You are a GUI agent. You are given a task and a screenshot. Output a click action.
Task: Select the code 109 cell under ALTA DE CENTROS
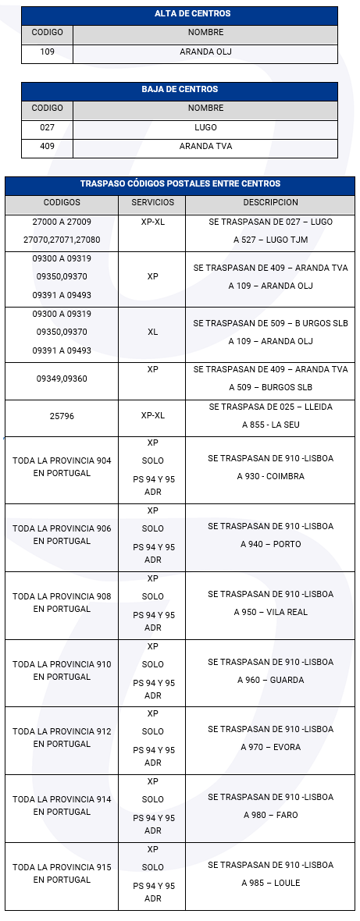coord(47,52)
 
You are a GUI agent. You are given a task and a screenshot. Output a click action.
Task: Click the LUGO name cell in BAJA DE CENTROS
coord(205,127)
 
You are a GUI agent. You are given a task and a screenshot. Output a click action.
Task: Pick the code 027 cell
coord(47,127)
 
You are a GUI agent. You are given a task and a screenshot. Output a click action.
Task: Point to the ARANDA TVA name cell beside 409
coord(205,146)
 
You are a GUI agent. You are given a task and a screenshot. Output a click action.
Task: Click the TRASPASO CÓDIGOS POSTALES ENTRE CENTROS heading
coord(180,184)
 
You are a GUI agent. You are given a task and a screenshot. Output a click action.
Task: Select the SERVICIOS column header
coord(152,202)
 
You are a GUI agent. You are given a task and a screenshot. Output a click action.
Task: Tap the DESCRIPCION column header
coord(270,202)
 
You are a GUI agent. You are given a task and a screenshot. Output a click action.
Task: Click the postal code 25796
coord(61,416)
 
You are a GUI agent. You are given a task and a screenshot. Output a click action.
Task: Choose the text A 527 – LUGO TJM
coord(270,240)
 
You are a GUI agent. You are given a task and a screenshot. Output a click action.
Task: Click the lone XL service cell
coord(152,332)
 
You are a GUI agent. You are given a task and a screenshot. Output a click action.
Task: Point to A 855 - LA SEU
coord(270,425)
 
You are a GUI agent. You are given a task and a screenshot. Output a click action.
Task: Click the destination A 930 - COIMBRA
coord(270,476)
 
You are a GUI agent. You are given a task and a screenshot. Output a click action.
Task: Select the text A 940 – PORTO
coord(270,544)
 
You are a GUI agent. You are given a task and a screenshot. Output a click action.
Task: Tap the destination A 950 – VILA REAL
coord(270,612)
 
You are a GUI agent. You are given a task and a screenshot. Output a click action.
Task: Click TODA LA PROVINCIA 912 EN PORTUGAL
coord(61,738)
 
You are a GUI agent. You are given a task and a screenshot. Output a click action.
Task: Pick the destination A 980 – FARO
coord(270,815)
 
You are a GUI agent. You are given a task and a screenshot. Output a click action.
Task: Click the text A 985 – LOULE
coord(270,883)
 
